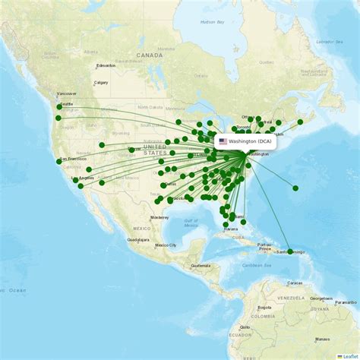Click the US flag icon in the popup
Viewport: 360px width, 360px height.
tap(223, 141)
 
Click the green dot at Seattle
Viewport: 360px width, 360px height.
tap(59, 107)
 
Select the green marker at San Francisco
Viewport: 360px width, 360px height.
tap(59, 161)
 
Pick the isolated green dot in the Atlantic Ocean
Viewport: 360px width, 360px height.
tap(295, 188)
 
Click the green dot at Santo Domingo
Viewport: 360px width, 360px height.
tap(290, 251)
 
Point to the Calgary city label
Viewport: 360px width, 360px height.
tap(100, 83)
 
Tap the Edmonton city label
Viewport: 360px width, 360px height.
tap(106, 65)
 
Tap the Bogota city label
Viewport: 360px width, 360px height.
tap(265, 308)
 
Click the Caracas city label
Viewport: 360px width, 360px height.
tap(295, 282)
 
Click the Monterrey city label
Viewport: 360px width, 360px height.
tap(159, 217)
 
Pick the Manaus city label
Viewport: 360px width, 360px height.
tap(323, 339)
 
